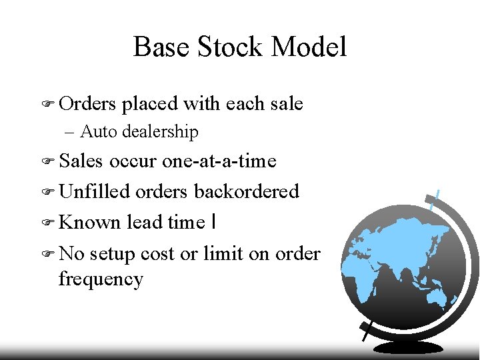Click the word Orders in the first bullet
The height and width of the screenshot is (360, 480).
pyautogui.click(x=87, y=104)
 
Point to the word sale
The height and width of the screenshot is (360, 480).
pyautogui.click(x=287, y=104)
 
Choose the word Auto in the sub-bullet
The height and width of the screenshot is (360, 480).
pyautogui.click(x=95, y=132)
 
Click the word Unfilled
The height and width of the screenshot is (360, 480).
pyautogui.click(x=94, y=192)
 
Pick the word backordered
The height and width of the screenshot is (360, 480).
pyautogui.click(x=246, y=192)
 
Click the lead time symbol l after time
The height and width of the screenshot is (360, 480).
pyautogui.click(x=211, y=223)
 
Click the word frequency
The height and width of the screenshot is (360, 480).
pyautogui.click(x=101, y=279)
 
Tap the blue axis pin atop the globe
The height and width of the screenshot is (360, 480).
pyautogui.click(x=435, y=198)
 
